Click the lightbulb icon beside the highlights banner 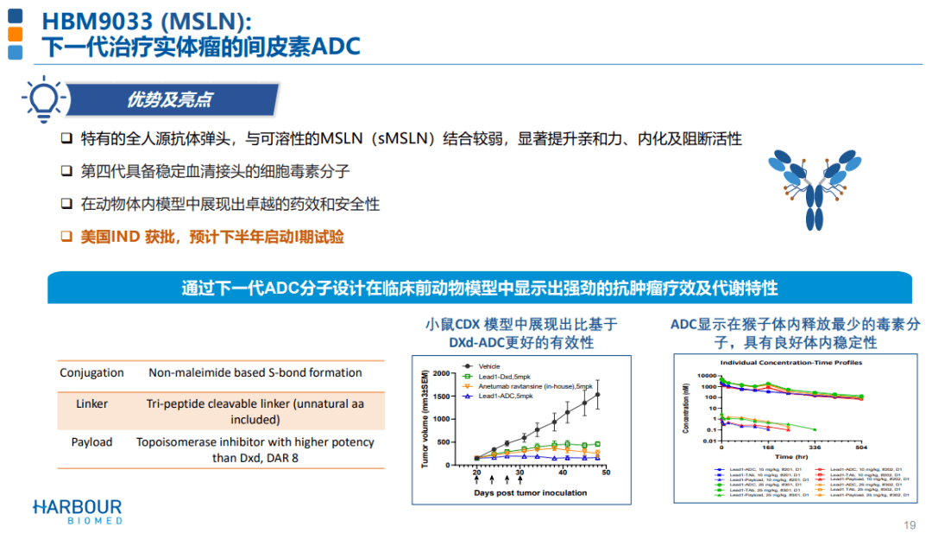[41, 99]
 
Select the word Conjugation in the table [91, 373]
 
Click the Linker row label [91, 403]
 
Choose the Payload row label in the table [91, 442]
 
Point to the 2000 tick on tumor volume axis [441, 373]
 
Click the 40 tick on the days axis [562, 473]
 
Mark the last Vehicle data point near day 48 [597, 395]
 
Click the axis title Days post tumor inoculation [530, 492]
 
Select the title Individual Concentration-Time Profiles [790, 363]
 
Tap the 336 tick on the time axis [814, 448]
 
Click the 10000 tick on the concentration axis [706, 377]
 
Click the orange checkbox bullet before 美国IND [66, 236]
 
